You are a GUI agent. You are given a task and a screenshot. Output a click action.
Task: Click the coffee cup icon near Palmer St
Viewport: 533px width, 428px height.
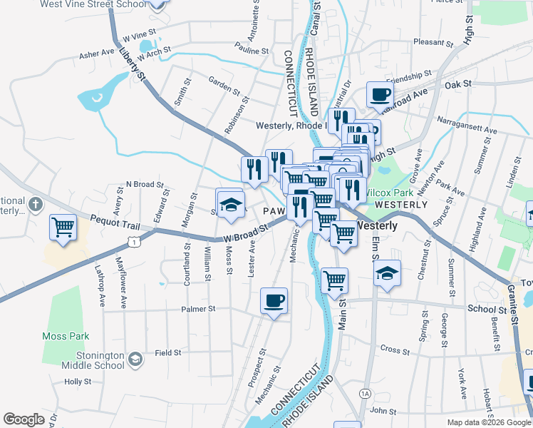click(274, 300)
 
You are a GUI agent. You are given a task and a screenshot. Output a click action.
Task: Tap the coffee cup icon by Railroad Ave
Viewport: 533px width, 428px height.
click(379, 93)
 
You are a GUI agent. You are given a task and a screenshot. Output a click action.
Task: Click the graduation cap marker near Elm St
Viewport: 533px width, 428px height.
click(387, 272)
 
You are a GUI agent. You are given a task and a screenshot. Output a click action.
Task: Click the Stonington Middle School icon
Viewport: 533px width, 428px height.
click(135, 357)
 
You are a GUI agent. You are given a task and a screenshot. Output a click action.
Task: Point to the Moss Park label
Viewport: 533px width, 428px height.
click(65, 336)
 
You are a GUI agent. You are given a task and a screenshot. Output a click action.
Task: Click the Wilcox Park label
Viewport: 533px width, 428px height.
click(389, 193)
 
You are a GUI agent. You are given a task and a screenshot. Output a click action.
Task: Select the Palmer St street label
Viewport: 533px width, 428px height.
click(198, 309)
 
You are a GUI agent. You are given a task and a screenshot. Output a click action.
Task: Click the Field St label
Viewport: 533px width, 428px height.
click(168, 352)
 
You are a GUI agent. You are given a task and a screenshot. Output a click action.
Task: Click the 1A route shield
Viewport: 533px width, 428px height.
click(366, 393)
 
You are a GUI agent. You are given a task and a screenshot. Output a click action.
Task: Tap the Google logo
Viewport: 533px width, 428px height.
click(24, 419)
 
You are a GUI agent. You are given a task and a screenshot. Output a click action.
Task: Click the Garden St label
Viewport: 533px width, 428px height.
click(224, 83)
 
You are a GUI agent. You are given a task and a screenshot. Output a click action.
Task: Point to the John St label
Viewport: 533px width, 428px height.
click(383, 411)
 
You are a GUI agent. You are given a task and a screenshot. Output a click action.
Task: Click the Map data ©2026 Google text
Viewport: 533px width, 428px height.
click(488, 422)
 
